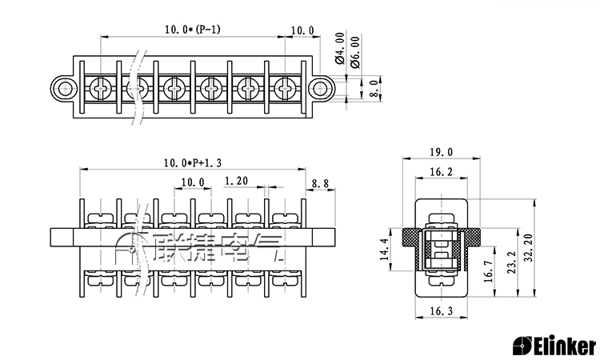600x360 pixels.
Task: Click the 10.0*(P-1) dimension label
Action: pyautogui.click(x=193, y=29)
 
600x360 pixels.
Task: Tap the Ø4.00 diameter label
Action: pyautogui.click(x=339, y=48)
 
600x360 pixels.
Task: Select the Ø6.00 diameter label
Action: pyautogui.click(x=354, y=52)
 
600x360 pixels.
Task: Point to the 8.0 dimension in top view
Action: pyautogui.click(x=375, y=88)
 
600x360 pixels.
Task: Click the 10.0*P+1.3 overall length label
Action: pyautogui.click(x=193, y=163)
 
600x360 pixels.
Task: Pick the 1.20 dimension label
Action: pyautogui.click(x=236, y=181)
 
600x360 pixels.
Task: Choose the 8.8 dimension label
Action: pyautogui.click(x=320, y=184)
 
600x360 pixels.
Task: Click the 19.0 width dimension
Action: pyautogui.click(x=441, y=152)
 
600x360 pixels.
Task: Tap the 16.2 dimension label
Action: pyautogui.click(x=441, y=172)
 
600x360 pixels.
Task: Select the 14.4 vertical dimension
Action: pyautogui.click(x=385, y=249)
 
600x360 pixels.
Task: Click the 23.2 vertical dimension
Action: pyautogui.click(x=512, y=262)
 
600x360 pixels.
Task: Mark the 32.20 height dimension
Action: pyautogui.click(x=529, y=247)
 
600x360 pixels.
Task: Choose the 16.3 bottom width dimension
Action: pyautogui.click(x=441, y=311)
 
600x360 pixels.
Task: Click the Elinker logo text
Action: pyautogui.click(x=554, y=346)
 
